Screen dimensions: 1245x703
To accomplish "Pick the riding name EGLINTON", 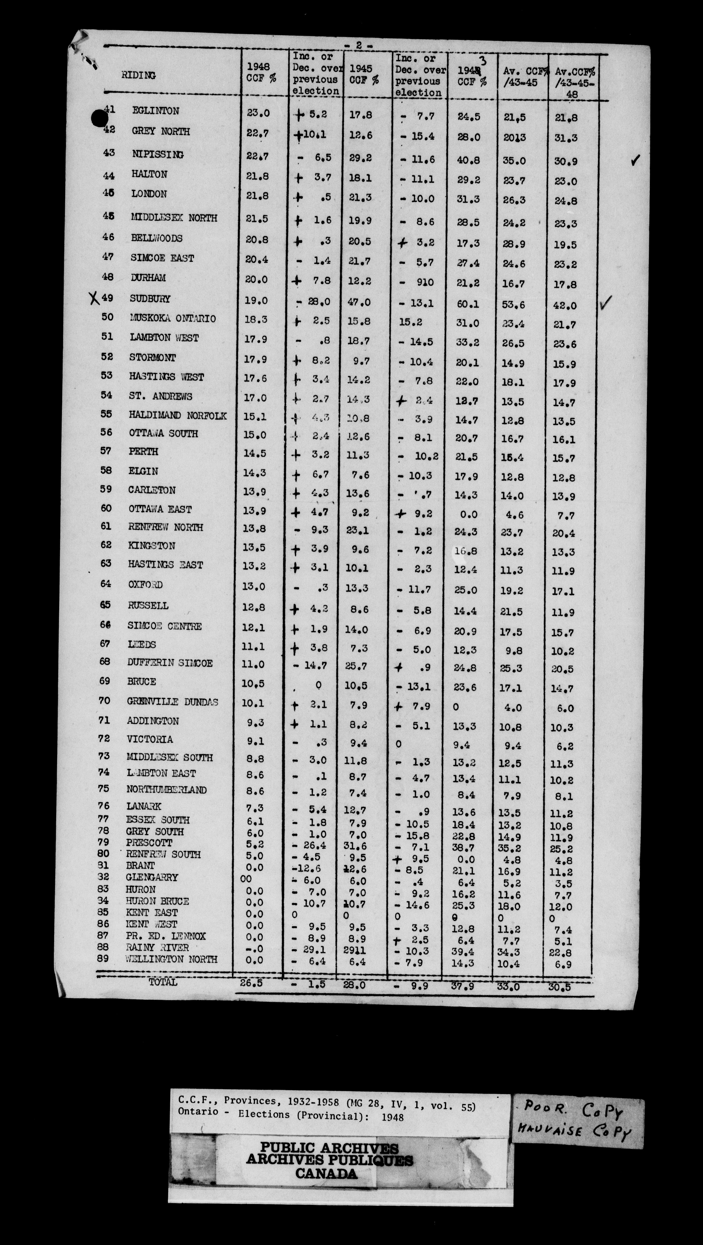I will [x=156, y=111].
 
